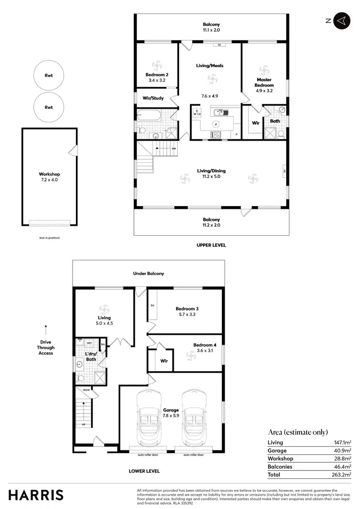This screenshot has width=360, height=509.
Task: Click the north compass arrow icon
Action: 340,21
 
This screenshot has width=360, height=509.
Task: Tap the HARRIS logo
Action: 35,495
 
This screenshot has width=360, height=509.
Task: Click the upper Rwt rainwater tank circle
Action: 48,75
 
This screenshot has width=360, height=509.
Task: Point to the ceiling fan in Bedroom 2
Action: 157,64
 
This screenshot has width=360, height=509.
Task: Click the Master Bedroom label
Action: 264,83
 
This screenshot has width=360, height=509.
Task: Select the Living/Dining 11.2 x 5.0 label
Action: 211,173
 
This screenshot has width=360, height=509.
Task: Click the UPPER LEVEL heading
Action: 211,245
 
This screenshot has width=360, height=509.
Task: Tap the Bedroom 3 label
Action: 185,312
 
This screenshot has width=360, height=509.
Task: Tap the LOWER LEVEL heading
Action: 144,471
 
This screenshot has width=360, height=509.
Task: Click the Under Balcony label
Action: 148,273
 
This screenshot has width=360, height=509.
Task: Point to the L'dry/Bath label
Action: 91,356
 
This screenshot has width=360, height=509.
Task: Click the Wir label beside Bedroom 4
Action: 164,360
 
